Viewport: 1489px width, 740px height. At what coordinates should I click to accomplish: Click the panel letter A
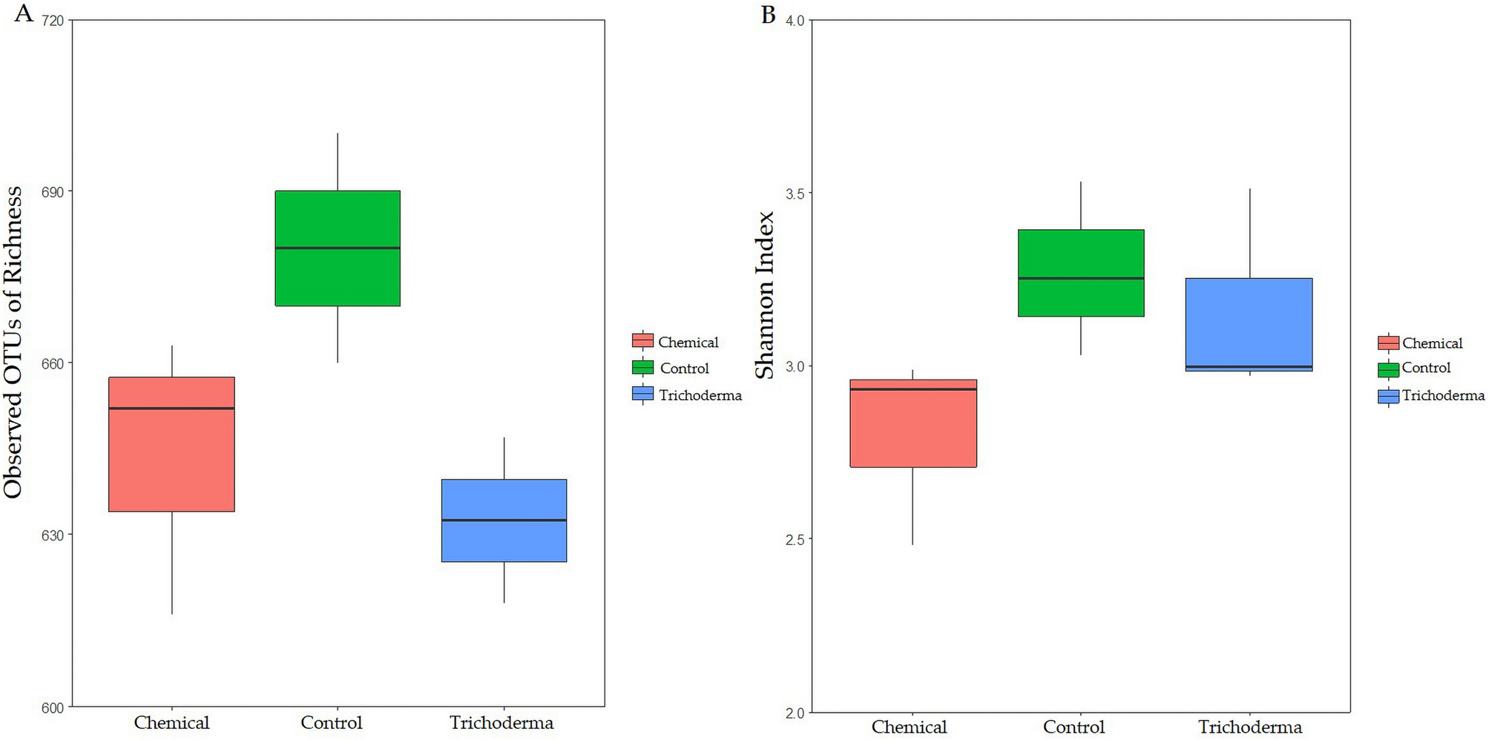(x=24, y=13)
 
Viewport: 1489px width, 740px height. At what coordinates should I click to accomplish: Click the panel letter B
(x=769, y=14)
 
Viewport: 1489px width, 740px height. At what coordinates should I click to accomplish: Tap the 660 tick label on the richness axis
(x=53, y=363)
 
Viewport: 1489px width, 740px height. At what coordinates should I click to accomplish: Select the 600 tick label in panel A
(x=53, y=707)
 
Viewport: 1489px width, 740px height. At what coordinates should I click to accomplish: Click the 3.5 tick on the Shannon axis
(x=795, y=194)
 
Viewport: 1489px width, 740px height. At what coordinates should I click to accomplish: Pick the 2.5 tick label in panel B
(x=795, y=539)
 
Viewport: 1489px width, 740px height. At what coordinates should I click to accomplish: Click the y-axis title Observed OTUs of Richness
(x=13, y=342)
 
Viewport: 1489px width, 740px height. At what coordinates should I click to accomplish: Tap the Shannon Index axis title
(x=765, y=295)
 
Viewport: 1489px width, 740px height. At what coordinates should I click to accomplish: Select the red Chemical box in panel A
(x=171, y=460)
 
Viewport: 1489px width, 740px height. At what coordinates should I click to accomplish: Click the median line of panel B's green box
(x=1081, y=278)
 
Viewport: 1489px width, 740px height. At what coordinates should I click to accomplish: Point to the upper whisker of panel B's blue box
(x=1250, y=234)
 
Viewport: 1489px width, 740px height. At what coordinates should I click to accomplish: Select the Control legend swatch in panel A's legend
(x=642, y=368)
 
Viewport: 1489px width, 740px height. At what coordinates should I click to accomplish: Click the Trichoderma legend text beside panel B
(x=1443, y=395)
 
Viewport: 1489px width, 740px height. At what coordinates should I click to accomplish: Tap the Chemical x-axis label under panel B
(x=909, y=727)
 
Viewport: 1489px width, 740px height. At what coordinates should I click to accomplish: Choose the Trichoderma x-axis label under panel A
(x=502, y=723)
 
